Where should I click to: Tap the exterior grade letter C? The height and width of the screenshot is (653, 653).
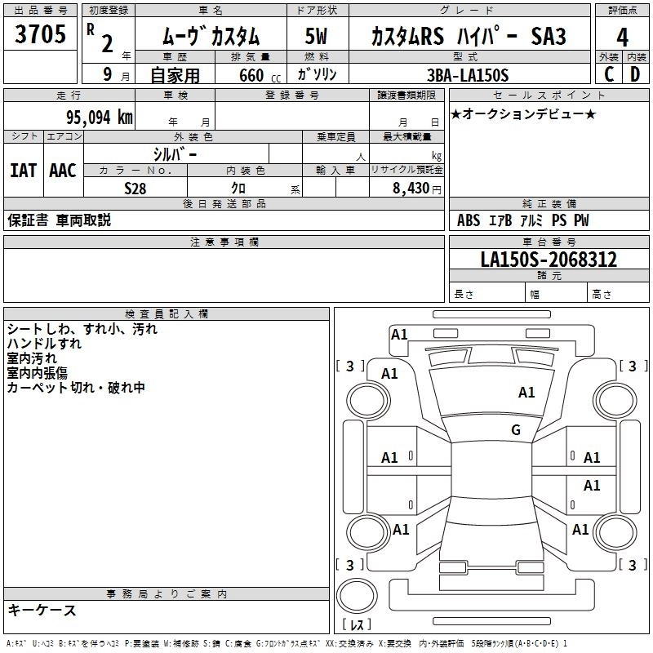click(x=608, y=74)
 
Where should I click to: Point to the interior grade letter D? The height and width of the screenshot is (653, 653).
click(x=635, y=74)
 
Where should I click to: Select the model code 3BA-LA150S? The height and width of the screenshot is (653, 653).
click(x=468, y=75)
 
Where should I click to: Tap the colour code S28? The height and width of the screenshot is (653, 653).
click(x=135, y=188)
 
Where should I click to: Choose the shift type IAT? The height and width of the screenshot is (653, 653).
click(x=23, y=171)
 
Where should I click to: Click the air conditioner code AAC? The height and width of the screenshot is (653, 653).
click(x=62, y=171)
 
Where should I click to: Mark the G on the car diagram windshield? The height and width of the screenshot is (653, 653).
click(x=516, y=430)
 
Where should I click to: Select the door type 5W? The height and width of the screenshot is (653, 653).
click(x=316, y=37)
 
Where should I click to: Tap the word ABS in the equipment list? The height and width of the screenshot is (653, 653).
click(x=469, y=220)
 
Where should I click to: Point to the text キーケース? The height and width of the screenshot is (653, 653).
click(x=42, y=610)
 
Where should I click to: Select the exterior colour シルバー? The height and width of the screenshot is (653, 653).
click(x=175, y=153)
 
